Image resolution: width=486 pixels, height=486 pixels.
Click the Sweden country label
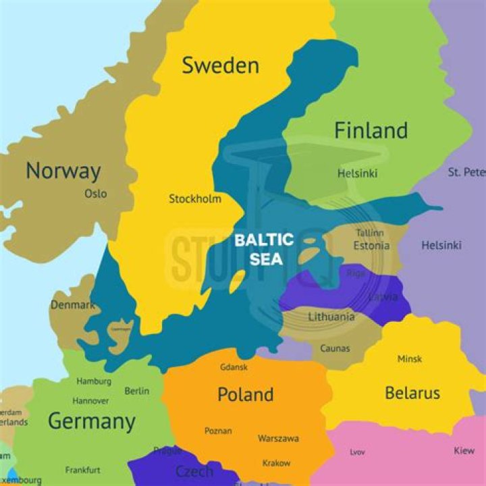click(221, 65)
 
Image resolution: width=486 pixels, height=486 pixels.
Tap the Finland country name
click(371, 130)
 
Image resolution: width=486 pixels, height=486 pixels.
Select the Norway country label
click(63, 171)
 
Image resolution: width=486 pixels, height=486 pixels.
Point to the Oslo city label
click(95, 194)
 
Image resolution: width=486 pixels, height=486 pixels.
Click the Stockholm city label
click(195, 199)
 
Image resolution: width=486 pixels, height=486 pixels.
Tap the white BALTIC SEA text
click(264, 248)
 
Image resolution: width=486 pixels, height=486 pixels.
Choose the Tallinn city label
click(369, 233)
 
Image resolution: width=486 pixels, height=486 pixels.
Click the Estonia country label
click(371, 245)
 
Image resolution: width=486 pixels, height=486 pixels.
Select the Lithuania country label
click(331, 317)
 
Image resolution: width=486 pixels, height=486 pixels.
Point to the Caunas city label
click(335, 348)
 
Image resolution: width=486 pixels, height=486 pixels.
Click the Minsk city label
click(410, 358)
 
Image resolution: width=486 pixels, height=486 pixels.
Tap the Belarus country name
click(412, 393)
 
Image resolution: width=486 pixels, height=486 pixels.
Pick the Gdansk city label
click(234, 367)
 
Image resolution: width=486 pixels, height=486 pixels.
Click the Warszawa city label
click(278, 439)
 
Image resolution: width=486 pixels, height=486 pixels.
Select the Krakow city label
click(276, 463)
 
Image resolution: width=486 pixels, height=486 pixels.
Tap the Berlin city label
click(137, 391)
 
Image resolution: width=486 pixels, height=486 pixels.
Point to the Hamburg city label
click(94, 381)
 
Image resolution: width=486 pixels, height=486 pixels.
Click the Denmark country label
click(73, 305)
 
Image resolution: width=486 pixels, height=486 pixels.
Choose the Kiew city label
click(464, 451)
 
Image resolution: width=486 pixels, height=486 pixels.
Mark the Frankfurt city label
click(83, 470)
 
